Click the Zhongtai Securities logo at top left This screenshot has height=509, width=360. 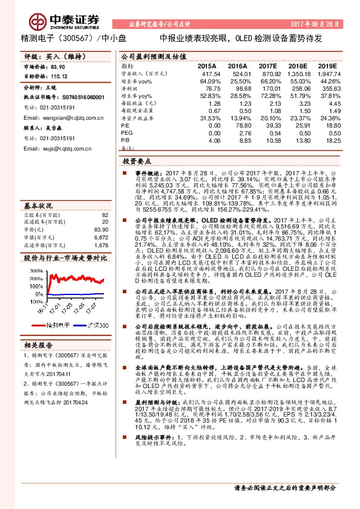point(50,15)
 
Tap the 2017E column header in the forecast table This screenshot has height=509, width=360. point(267,65)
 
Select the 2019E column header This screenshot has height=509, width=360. point(327,65)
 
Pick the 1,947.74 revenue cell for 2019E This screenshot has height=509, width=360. point(326,73)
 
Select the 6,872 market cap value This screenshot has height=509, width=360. point(100,221)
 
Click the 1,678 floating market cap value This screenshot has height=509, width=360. point(100,229)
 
